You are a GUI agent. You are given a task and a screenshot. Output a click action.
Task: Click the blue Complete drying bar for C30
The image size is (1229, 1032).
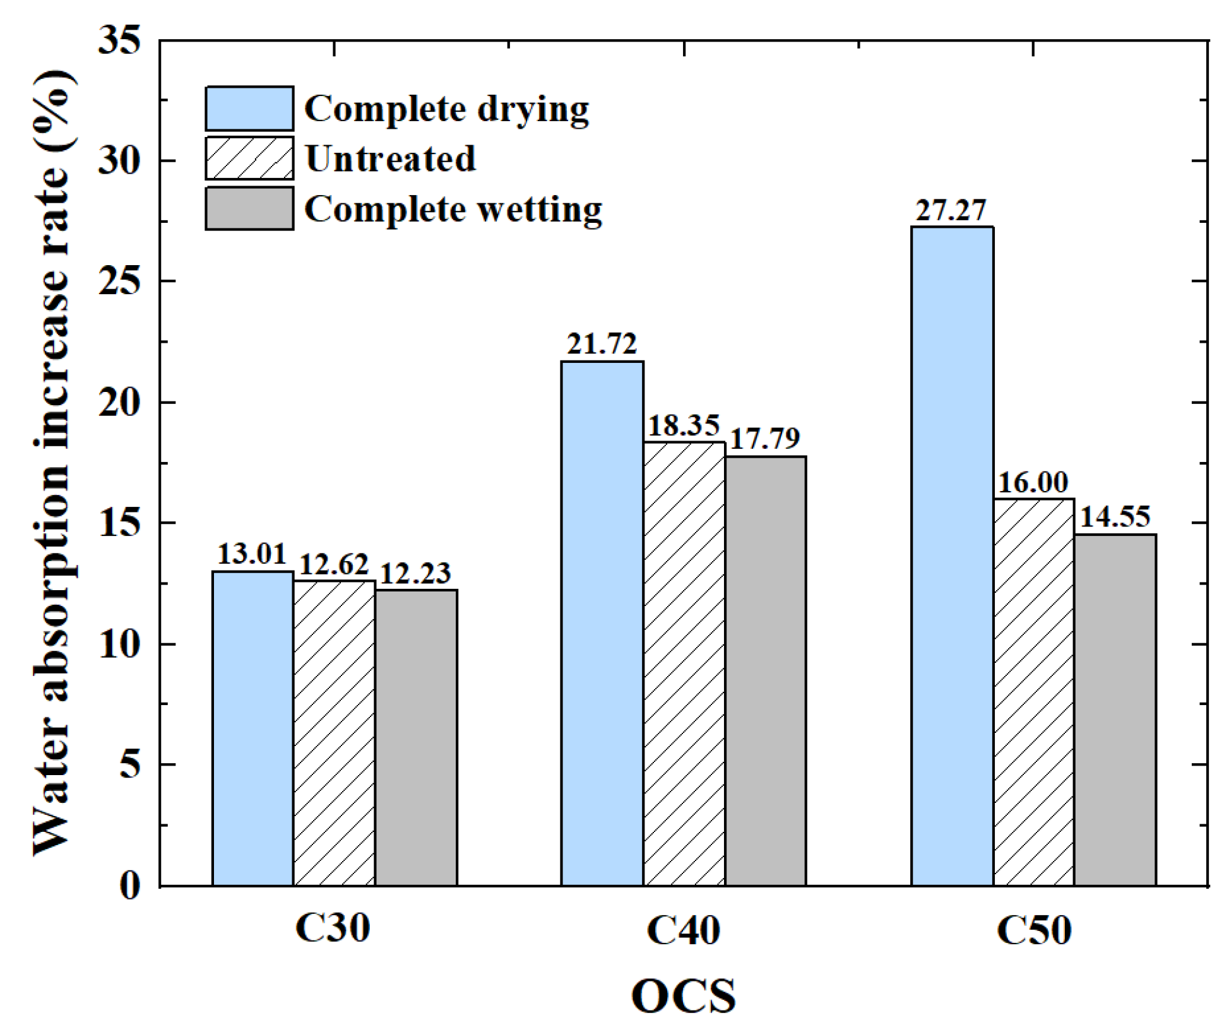coord(252,728)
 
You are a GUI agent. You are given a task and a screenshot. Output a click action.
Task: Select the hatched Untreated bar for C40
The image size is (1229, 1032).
coord(684,663)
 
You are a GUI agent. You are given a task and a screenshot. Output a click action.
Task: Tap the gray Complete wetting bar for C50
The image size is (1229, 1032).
coord(1115,709)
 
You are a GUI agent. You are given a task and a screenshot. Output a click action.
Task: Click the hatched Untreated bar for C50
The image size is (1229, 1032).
coord(1033,692)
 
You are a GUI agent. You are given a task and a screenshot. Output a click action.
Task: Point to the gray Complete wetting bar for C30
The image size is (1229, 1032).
coord(416,737)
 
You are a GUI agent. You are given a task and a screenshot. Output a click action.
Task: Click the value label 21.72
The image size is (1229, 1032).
coord(602,345)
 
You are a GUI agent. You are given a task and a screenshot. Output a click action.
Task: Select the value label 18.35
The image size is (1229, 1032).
coord(684,426)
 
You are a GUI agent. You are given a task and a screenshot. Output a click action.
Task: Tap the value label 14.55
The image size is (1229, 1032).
coord(1115,518)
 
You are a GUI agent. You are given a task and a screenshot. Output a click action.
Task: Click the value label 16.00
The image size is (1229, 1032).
coord(1033,483)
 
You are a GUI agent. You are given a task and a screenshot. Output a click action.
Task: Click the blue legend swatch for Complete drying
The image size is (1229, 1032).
coord(249,109)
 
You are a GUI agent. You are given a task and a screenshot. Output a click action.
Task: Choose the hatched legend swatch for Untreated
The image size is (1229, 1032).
coord(249,158)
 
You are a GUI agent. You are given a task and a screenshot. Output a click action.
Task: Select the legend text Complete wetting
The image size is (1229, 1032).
coord(453,209)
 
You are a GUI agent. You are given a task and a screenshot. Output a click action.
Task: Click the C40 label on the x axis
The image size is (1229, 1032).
coord(684,930)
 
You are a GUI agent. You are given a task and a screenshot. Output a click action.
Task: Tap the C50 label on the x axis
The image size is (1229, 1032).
coord(1034,930)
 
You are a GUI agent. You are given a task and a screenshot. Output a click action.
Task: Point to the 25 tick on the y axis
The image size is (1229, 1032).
coord(119,281)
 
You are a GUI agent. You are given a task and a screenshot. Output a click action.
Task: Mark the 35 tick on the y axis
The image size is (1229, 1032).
coord(119,41)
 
